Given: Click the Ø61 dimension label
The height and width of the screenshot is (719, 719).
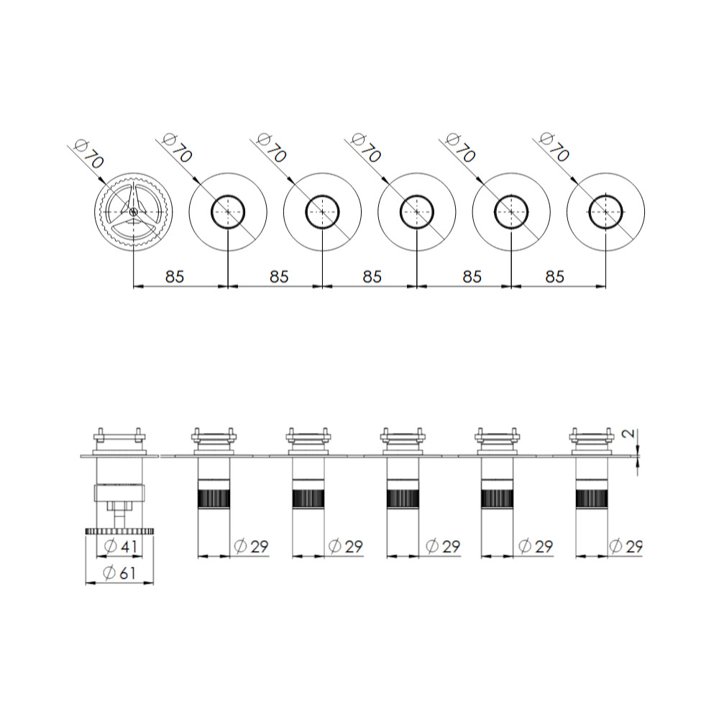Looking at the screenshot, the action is point(119,573).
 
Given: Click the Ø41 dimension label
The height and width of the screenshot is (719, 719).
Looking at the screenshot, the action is point(121,546).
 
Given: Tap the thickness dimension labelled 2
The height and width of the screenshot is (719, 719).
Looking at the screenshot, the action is point(630,433).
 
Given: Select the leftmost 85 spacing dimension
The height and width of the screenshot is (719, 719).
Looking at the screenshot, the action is point(174,277).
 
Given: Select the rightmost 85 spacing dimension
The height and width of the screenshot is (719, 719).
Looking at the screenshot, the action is point(554,277).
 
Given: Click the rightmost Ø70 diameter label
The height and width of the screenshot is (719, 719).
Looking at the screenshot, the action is point(554,147).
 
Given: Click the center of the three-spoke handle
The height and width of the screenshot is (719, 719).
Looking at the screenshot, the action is point(134,211).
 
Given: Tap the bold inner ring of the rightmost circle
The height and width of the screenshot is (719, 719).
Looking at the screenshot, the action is point(605,196).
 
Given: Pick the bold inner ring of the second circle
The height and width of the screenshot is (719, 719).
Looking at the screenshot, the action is point(228,196).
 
